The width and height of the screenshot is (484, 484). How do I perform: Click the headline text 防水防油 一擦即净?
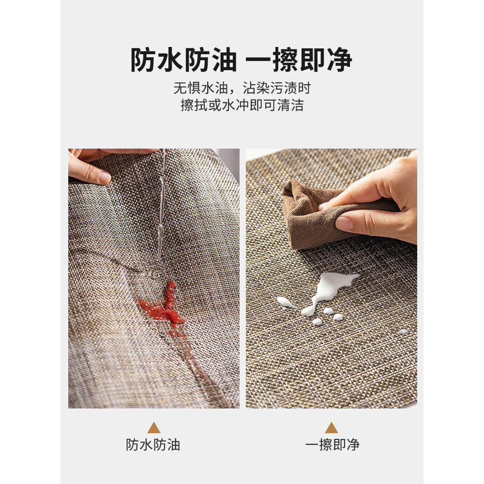pyautogui.click(x=241, y=60)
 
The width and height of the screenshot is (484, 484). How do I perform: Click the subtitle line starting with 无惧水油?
pyautogui.click(x=242, y=88)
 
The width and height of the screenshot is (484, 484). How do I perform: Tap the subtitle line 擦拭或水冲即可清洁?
pyautogui.click(x=242, y=105)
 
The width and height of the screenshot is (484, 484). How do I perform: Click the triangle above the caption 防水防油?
pyautogui.click(x=154, y=428)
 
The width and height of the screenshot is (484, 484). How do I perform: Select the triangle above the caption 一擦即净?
pyautogui.click(x=331, y=428)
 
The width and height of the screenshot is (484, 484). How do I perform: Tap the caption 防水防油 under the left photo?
pyautogui.click(x=153, y=445)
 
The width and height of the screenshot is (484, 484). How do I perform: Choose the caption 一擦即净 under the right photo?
pyautogui.click(x=333, y=445)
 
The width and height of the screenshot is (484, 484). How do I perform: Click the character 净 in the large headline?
pyautogui.click(x=340, y=60)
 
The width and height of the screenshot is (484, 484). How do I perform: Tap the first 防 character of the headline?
pyautogui.click(x=143, y=60)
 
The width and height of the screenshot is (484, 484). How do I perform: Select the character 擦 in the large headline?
pyautogui.click(x=286, y=60)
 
